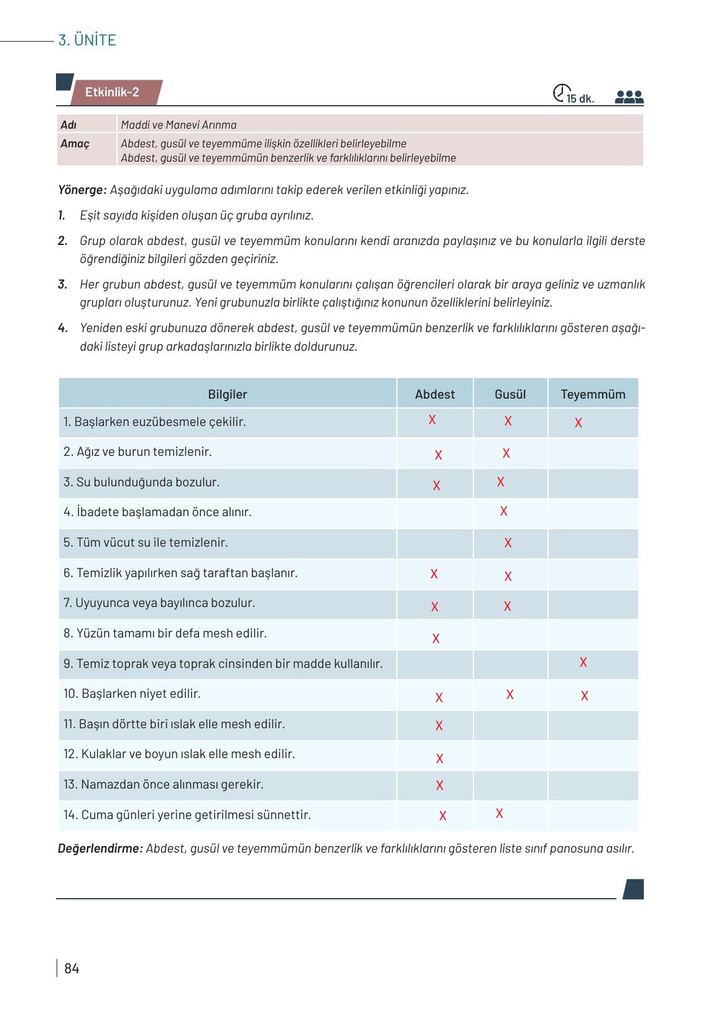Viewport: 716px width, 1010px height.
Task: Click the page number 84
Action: click(72, 968)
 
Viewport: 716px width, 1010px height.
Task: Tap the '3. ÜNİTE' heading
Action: click(87, 40)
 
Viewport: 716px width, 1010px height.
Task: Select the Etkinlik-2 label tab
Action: click(113, 92)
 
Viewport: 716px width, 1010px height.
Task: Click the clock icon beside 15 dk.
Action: click(560, 93)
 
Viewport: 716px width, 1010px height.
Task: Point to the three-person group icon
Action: click(628, 97)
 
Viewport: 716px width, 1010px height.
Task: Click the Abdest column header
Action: click(435, 394)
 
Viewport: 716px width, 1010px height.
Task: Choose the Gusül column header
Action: click(510, 394)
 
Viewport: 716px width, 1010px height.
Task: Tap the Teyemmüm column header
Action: click(593, 394)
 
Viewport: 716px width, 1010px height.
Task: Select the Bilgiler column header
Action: click(228, 394)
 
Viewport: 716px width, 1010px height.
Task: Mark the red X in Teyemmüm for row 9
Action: click(583, 662)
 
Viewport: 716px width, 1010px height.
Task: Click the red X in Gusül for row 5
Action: click(508, 543)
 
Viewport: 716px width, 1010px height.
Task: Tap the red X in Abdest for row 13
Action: click(440, 785)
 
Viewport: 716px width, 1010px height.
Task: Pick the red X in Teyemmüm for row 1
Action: click(579, 423)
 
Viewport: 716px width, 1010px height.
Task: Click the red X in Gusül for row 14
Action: click(500, 813)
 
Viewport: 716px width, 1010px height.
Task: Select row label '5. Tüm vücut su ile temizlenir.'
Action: click(146, 542)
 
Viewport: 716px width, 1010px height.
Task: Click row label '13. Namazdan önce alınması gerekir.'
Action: click(164, 784)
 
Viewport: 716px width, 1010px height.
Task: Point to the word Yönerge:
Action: click(82, 190)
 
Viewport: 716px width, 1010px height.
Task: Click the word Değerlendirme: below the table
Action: click(100, 848)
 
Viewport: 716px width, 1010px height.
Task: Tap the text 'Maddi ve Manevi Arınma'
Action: click(179, 125)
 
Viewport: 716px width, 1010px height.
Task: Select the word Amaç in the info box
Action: click(75, 144)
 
